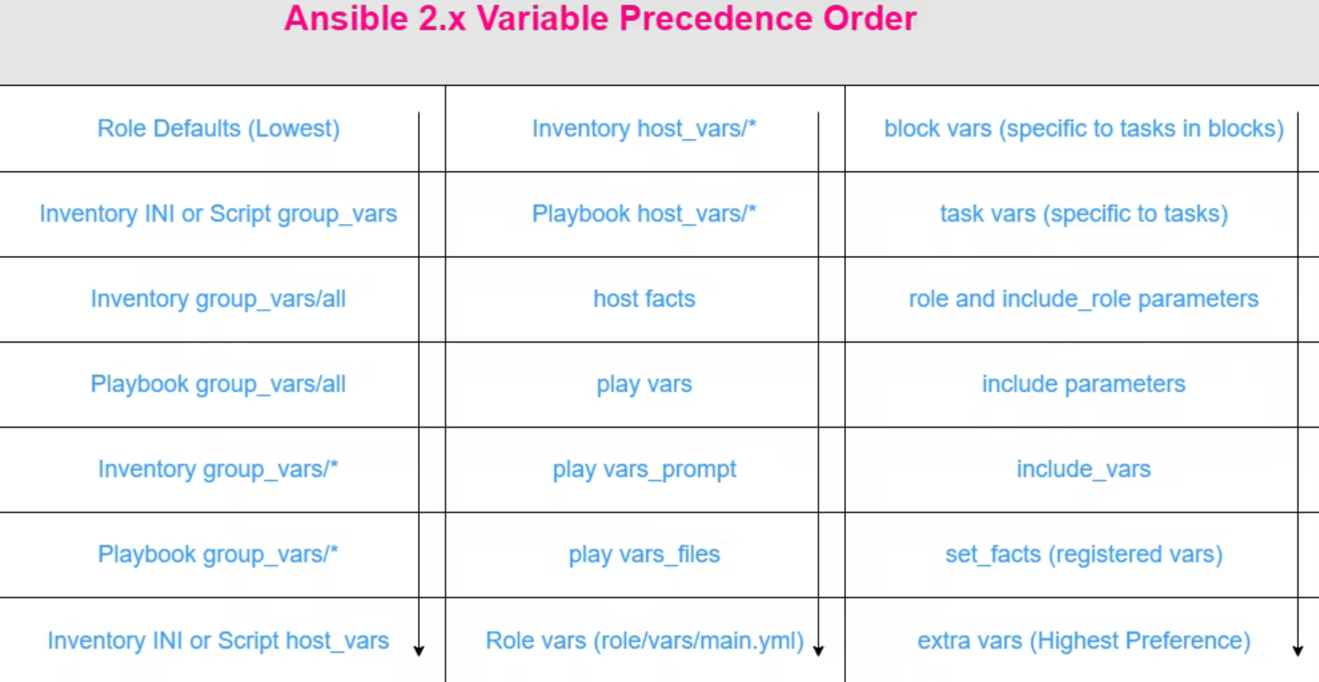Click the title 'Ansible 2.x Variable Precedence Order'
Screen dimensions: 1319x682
tap(600, 19)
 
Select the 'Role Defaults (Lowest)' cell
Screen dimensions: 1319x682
tap(218, 129)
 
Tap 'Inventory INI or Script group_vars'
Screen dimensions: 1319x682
tap(218, 215)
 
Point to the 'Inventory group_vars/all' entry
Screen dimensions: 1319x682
tap(218, 300)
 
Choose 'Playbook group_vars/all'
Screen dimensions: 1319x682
tap(218, 385)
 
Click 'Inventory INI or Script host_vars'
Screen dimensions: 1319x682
tap(218, 640)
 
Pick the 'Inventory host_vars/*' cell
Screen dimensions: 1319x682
tap(644, 129)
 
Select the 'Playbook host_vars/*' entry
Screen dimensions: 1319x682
tap(644, 215)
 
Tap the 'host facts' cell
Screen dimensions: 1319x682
tap(644, 299)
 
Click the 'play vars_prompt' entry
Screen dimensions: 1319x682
tap(644, 470)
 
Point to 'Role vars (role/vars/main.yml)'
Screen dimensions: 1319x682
tap(644, 641)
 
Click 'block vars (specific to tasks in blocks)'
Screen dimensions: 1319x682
tap(1084, 129)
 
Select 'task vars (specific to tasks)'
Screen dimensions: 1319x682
tap(1084, 215)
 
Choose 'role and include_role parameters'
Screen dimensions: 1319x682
tap(1084, 300)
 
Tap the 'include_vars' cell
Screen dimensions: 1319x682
tap(1084, 469)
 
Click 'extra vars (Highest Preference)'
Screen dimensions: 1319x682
tap(1084, 641)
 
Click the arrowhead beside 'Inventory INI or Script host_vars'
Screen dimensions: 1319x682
tap(419, 651)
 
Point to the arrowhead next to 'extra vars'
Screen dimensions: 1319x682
tap(1298, 651)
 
